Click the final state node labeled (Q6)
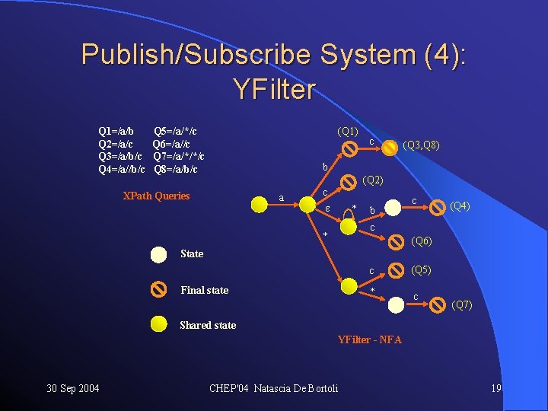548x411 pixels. click(397, 242)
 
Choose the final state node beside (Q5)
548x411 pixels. click(396, 269)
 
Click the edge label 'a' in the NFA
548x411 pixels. click(282, 198)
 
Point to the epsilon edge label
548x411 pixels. click(327, 209)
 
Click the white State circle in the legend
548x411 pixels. click(158, 254)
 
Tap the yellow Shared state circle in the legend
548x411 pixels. click(158, 324)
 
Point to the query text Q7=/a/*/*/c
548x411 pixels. click(178, 156)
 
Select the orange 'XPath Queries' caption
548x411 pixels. click(156, 196)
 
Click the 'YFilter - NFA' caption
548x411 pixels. click(369, 339)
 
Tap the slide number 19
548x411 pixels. click(496, 389)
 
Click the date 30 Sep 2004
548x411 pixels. click(73, 389)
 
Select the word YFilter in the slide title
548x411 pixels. click(274, 90)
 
